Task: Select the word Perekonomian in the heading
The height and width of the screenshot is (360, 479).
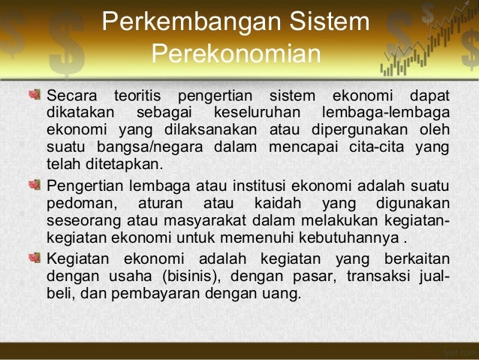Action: tap(236, 56)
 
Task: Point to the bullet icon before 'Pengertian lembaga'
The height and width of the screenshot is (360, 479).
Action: tap(35, 186)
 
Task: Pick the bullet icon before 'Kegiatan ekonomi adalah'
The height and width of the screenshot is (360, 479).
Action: tap(35, 256)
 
